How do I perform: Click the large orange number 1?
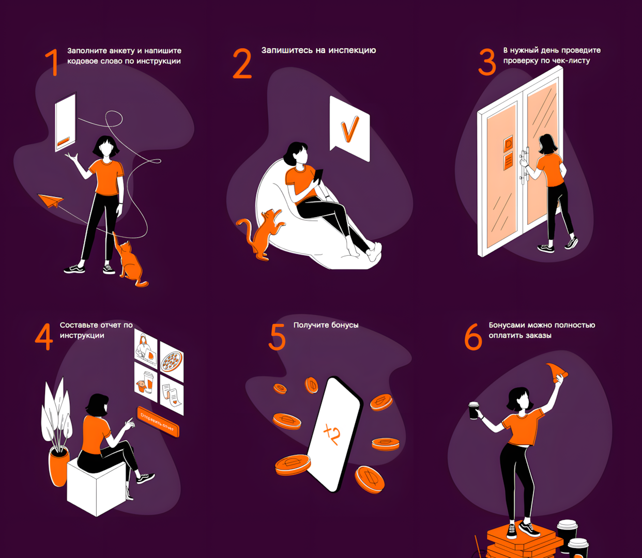point(52,62)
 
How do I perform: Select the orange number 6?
point(473,336)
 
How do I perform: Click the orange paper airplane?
point(51,200)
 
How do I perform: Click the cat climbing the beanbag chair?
point(261,234)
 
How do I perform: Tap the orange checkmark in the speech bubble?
point(349,129)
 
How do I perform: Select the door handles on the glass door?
point(524,167)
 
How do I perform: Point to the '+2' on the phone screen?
point(332,434)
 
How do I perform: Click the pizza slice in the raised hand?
point(557,372)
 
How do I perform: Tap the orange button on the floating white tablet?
point(64,142)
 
